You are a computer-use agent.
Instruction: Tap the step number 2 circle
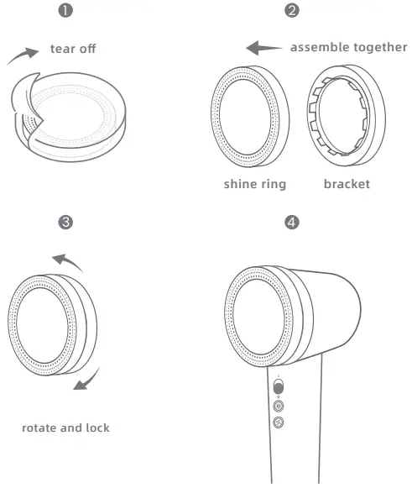pyautogui.click(x=291, y=11)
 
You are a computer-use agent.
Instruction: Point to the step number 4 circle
pyautogui.click(x=291, y=223)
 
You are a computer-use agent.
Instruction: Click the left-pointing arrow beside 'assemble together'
pyautogui.click(x=264, y=49)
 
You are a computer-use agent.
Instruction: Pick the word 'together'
pyautogui.click(x=378, y=47)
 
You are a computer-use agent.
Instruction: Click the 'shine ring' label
pyautogui.click(x=254, y=184)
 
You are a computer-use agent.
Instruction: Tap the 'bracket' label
pyautogui.click(x=347, y=184)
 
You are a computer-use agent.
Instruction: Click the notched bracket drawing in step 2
pyautogui.click(x=345, y=114)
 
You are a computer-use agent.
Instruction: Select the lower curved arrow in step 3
pyautogui.click(x=84, y=380)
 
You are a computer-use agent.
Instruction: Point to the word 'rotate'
pyautogui.click(x=39, y=428)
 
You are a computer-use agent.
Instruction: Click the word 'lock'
pyautogui.click(x=96, y=428)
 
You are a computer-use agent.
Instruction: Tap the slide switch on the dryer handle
pyautogui.click(x=279, y=386)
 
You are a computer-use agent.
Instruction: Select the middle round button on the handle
pyautogui.click(x=279, y=407)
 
